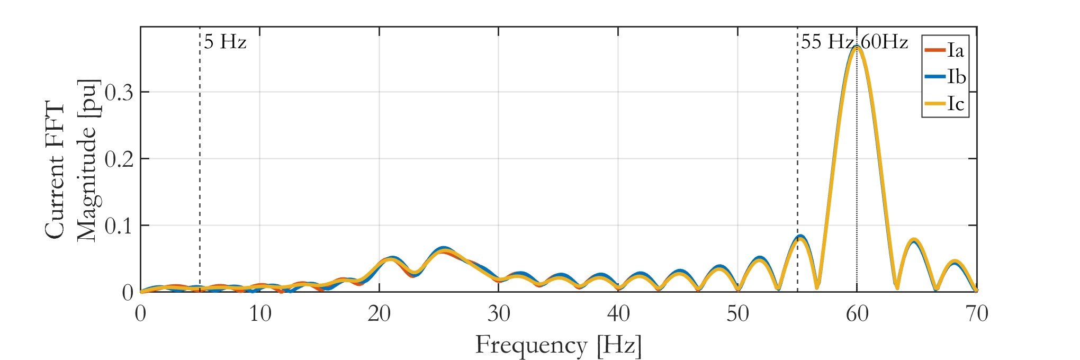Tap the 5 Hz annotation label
tap(225, 42)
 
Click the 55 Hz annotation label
tap(826, 42)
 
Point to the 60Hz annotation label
tap(884, 42)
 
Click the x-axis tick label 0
tap(140, 314)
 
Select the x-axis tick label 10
tap(260, 314)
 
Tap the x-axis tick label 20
tap(379, 314)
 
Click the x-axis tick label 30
tap(499, 314)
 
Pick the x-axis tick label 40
tap(618, 314)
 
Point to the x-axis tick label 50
tap(737, 314)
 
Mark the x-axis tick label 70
tap(977, 314)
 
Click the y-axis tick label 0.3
tap(119, 93)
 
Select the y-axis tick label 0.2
tap(119, 159)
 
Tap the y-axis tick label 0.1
tap(119, 226)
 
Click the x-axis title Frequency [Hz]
tap(559, 345)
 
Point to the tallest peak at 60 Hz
tap(857, 48)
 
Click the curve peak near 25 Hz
tap(444, 250)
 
